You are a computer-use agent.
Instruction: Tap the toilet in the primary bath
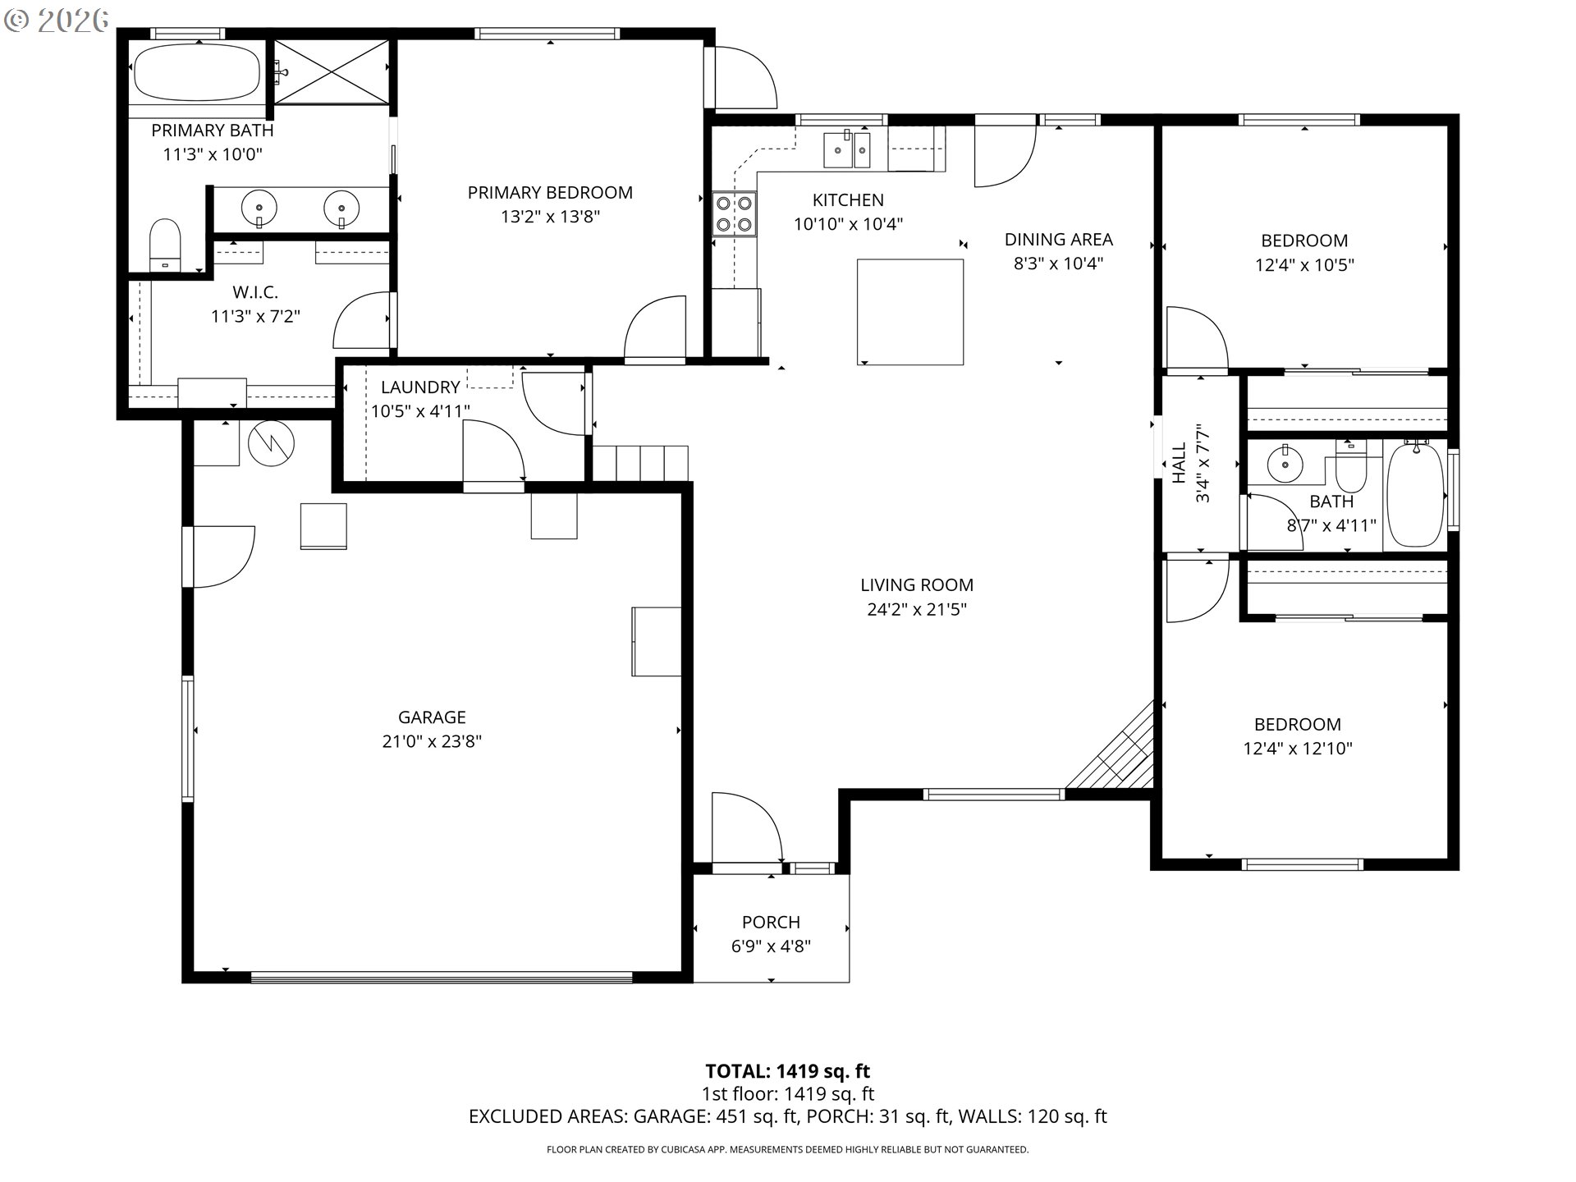coord(165,244)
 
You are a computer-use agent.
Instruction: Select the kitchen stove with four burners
coord(734,213)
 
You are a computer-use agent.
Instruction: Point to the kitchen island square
coord(910,312)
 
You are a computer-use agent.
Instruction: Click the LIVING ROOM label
coord(917,585)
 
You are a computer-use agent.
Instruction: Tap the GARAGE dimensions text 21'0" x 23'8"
coord(432,741)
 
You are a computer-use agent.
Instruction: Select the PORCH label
coord(771,923)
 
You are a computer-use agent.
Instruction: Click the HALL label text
coord(1180,463)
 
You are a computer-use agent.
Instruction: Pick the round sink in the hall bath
coord(1285,465)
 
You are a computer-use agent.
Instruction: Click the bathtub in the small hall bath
coord(1415,495)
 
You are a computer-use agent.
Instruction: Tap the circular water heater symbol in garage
coord(271,444)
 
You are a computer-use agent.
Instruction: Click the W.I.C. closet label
coord(255,292)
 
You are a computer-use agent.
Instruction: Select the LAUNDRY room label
coord(420,387)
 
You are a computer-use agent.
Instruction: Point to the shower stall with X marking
coord(331,71)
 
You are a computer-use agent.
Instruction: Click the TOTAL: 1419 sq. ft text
coord(788,1071)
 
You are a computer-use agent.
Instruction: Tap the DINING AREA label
coord(1059,240)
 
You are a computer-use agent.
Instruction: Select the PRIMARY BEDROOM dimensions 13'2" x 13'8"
coord(551,217)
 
